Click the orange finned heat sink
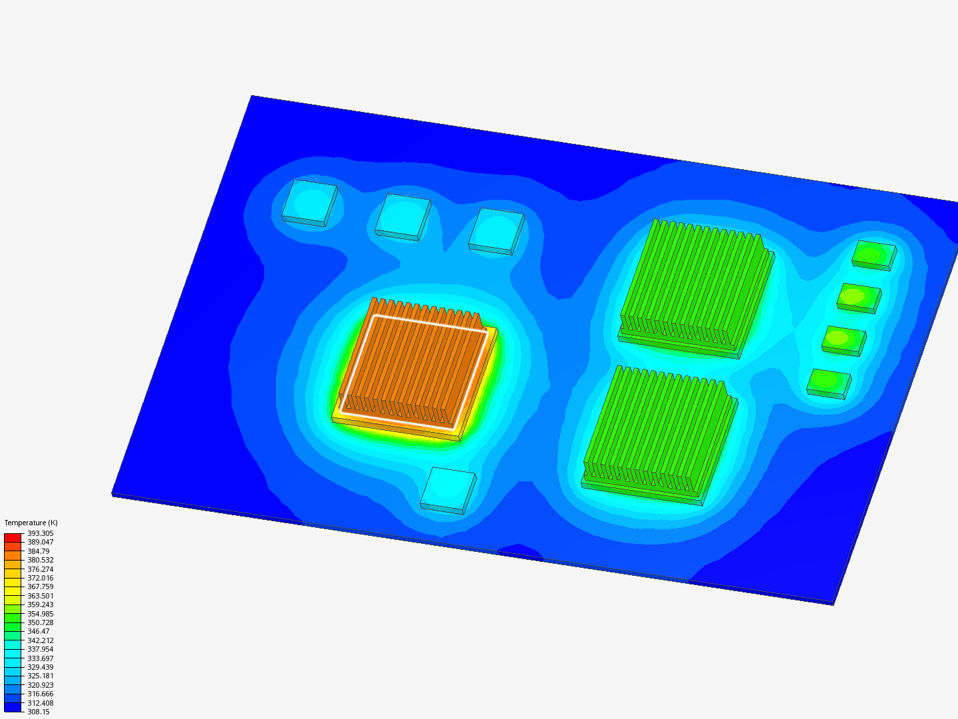pyautogui.click(x=415, y=369)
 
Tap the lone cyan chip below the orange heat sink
pyautogui.click(x=448, y=490)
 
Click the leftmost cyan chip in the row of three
pyautogui.click(x=309, y=203)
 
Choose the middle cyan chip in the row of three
pyautogui.click(x=403, y=218)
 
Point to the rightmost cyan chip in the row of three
pyautogui.click(x=496, y=232)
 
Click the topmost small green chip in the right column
pyautogui.click(x=874, y=256)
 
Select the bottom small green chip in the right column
pyautogui.click(x=829, y=384)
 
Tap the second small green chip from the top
pyautogui.click(x=859, y=298)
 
